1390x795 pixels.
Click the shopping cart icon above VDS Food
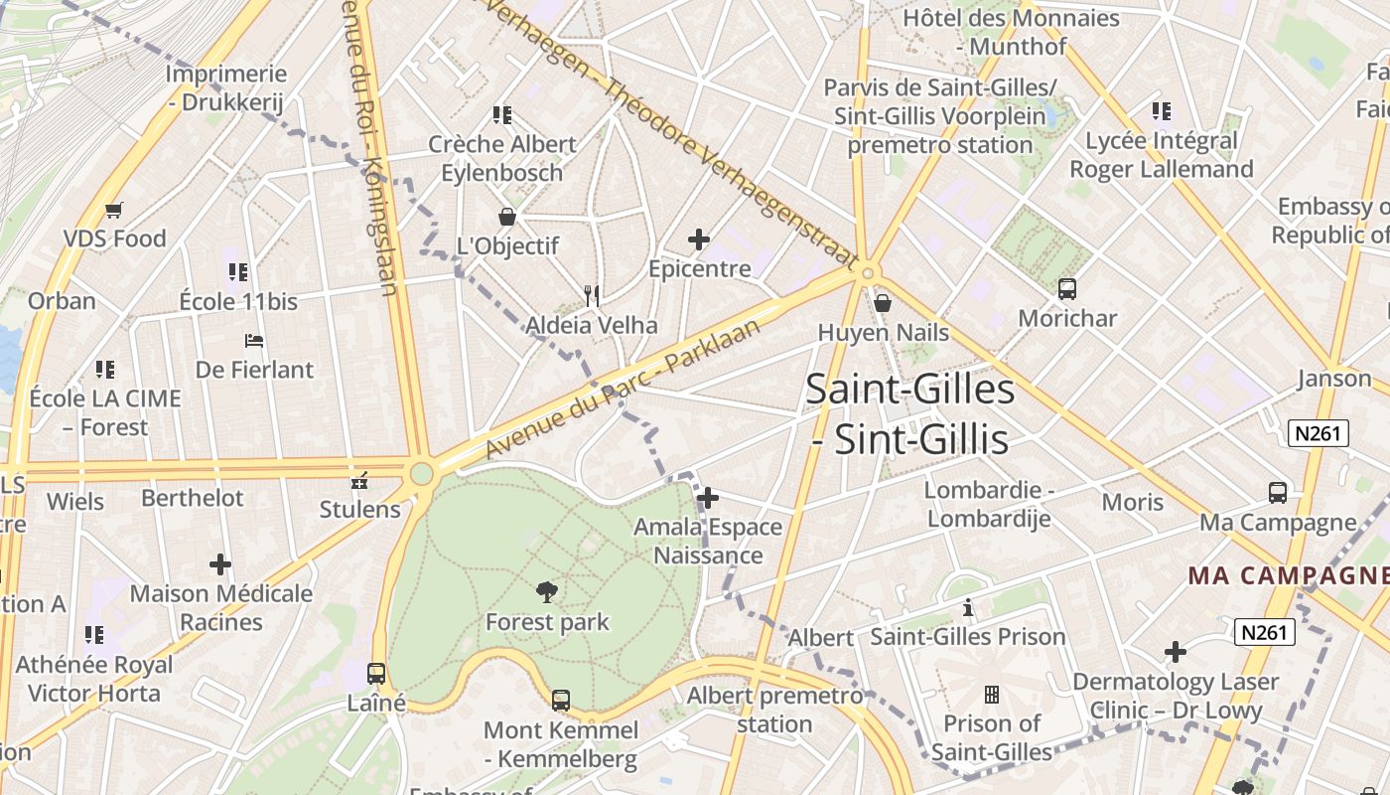pyautogui.click(x=113, y=210)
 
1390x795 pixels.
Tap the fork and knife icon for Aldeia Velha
pyautogui.click(x=592, y=295)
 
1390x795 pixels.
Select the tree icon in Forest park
pyautogui.click(x=546, y=593)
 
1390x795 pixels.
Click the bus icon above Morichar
pyautogui.click(x=1067, y=289)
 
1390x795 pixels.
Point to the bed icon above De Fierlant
pyautogui.click(x=254, y=341)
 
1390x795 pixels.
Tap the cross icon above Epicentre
pyautogui.click(x=699, y=239)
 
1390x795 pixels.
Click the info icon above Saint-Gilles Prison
pyautogui.click(x=968, y=607)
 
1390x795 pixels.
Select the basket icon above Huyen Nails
pyautogui.click(x=882, y=303)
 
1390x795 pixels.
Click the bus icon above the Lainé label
pyautogui.click(x=376, y=673)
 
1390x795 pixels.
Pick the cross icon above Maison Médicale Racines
pyautogui.click(x=220, y=564)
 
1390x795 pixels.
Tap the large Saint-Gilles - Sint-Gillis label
pyautogui.click(x=909, y=413)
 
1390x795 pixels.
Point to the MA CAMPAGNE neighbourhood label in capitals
pyautogui.click(x=1288, y=575)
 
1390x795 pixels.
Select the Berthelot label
pyautogui.click(x=193, y=498)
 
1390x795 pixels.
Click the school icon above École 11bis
pyautogui.click(x=237, y=271)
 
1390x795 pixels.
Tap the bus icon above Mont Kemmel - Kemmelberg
pyautogui.click(x=561, y=701)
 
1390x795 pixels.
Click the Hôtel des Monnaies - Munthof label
pyautogui.click(x=1011, y=32)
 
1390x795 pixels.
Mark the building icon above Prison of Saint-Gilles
pyautogui.click(x=991, y=694)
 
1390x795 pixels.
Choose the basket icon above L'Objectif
pyautogui.click(x=507, y=217)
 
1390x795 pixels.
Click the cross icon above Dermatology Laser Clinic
pyautogui.click(x=1176, y=652)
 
